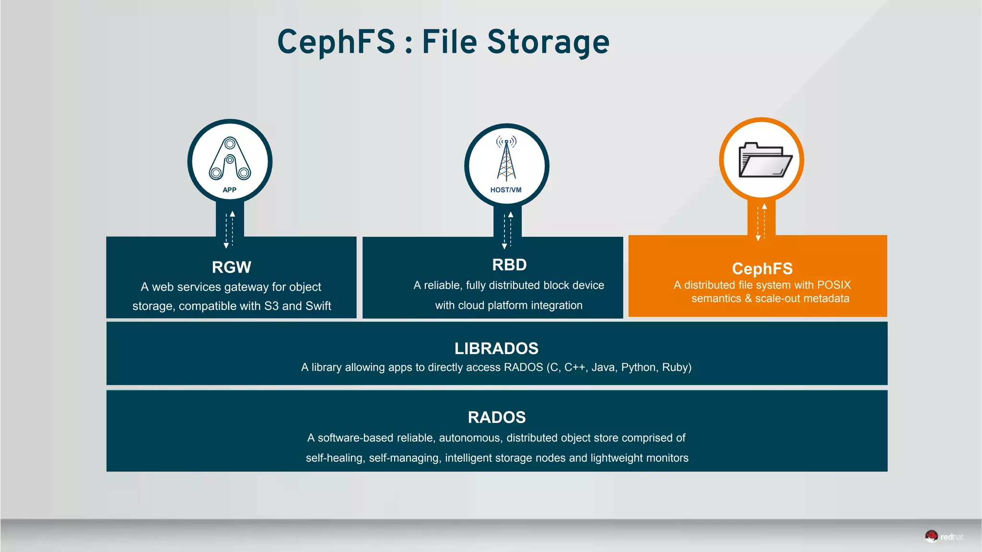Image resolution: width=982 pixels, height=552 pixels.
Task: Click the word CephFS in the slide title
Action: (x=336, y=42)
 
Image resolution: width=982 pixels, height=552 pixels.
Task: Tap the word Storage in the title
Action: (x=548, y=42)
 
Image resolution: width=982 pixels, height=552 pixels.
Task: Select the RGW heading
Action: (x=232, y=267)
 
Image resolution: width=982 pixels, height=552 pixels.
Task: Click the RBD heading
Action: (x=509, y=265)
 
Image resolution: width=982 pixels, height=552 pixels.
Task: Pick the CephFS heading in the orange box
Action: (x=762, y=269)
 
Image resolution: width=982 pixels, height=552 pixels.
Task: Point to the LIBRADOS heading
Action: (x=496, y=348)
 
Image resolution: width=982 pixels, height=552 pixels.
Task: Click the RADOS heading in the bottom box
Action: (x=497, y=417)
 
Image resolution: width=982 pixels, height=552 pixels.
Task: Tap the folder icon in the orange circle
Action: (x=764, y=160)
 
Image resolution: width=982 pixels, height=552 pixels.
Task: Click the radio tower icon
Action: (x=506, y=159)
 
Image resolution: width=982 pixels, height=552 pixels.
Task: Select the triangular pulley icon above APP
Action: (x=230, y=159)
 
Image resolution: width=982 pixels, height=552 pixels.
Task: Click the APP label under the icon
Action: (x=230, y=190)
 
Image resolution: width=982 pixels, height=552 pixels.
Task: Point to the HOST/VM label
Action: (x=506, y=190)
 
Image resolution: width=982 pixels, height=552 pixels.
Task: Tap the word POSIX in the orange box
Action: (x=834, y=285)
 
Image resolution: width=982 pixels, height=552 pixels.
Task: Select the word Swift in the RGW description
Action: (x=318, y=306)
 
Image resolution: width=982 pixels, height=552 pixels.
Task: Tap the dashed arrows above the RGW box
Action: (x=230, y=229)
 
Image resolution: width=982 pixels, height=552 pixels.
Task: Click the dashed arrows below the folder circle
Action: (x=761, y=222)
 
